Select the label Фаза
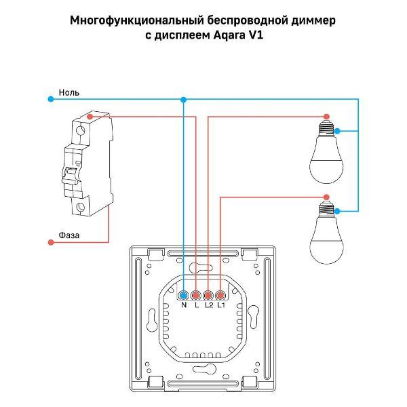(x=69, y=235)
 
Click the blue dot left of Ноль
(x=50, y=99)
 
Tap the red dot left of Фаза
(x=50, y=242)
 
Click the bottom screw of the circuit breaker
(x=81, y=208)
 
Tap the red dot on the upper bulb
(x=328, y=117)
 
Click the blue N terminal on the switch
(x=184, y=295)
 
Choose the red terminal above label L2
(x=208, y=295)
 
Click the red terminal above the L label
(x=196, y=295)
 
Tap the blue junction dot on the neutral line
(x=183, y=99)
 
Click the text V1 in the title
(x=254, y=35)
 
